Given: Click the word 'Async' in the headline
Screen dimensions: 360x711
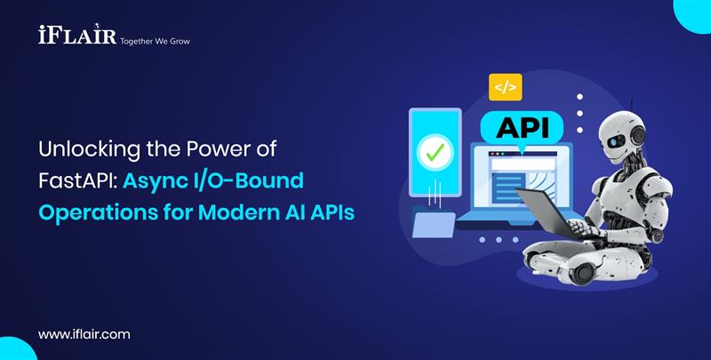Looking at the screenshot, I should pos(151,181).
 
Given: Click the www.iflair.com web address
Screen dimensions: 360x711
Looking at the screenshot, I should pos(84,334).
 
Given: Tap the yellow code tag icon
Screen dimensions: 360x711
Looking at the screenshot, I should pos(505,87).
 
